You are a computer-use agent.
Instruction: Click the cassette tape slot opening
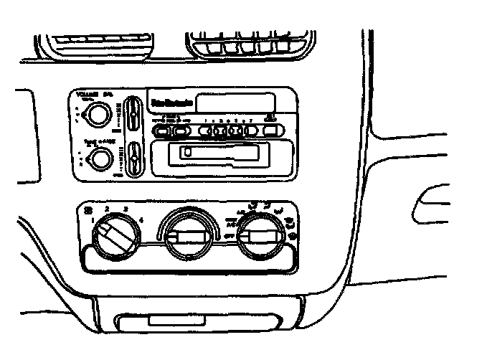tap(219, 152)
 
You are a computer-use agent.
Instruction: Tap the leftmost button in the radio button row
tap(162, 131)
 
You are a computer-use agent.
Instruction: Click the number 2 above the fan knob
tap(106, 209)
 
